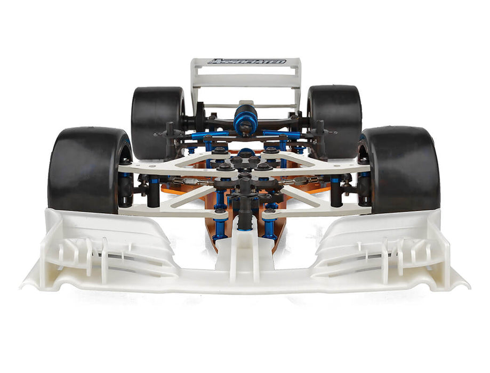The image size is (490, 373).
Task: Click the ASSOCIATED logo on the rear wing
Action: [246, 62]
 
